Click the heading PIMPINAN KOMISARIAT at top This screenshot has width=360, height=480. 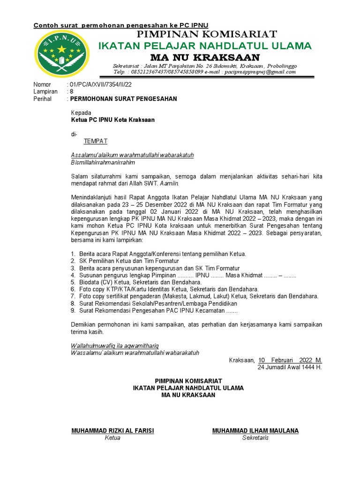(206, 34)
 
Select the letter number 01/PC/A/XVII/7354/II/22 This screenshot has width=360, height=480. (101, 84)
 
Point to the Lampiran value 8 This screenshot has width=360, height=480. (72, 92)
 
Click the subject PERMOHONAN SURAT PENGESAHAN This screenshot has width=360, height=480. (123, 99)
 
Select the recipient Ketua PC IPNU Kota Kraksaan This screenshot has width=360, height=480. (112, 120)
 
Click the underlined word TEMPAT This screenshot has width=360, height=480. (96, 141)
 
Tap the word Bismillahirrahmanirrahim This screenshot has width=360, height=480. (103, 163)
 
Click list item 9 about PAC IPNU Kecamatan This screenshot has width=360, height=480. (158, 310)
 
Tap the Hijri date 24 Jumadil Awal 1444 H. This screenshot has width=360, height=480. (290, 367)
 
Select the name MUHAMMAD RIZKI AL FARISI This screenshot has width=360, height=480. (112, 431)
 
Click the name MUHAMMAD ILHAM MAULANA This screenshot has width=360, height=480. (255, 431)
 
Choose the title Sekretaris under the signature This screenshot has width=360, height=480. (255, 438)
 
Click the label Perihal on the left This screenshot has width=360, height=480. (42, 99)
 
